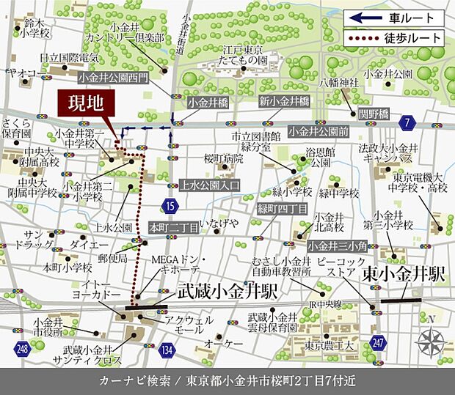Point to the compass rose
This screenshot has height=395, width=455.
coord(431,340)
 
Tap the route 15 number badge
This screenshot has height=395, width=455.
coord(170,206)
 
